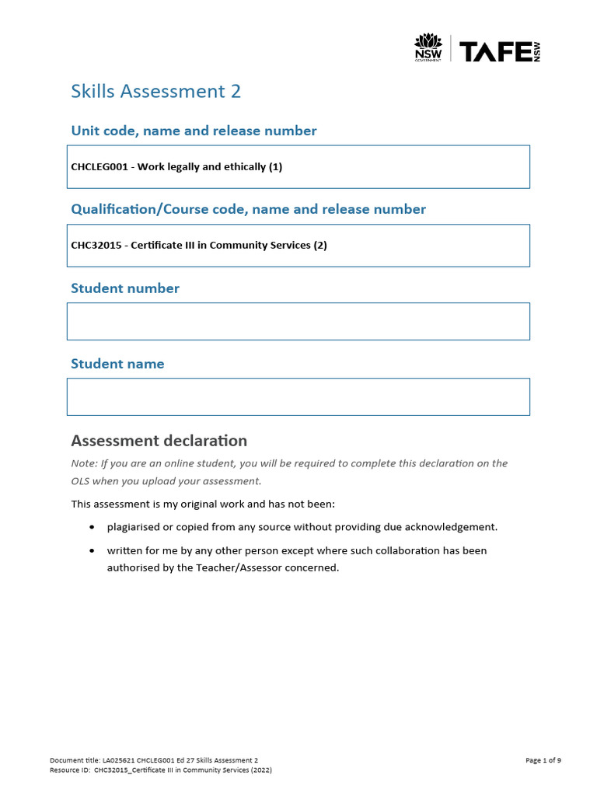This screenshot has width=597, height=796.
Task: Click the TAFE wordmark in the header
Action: [x=494, y=51]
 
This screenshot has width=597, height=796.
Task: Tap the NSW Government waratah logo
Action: [x=428, y=47]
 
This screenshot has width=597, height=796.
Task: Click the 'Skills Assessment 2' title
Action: [x=155, y=92]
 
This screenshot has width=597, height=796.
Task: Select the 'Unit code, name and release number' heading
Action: [x=194, y=131]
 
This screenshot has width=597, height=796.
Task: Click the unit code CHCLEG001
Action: [x=101, y=167]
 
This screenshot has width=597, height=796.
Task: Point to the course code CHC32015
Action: [x=98, y=246]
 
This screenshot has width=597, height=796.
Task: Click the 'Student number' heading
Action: [x=124, y=288]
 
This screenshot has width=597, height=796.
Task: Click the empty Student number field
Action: [x=298, y=321]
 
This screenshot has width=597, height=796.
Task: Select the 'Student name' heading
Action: [x=117, y=364]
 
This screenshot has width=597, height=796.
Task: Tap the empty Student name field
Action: [x=298, y=396]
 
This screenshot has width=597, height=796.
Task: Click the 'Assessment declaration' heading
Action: [x=159, y=441]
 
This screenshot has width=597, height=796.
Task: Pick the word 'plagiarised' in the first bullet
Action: [x=134, y=527]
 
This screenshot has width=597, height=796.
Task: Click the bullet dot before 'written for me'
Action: [x=93, y=550]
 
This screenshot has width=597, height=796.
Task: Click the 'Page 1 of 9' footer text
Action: [x=543, y=760]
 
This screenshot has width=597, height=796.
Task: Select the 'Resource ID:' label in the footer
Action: [x=69, y=770]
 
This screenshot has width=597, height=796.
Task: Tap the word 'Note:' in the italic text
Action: [x=83, y=463]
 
